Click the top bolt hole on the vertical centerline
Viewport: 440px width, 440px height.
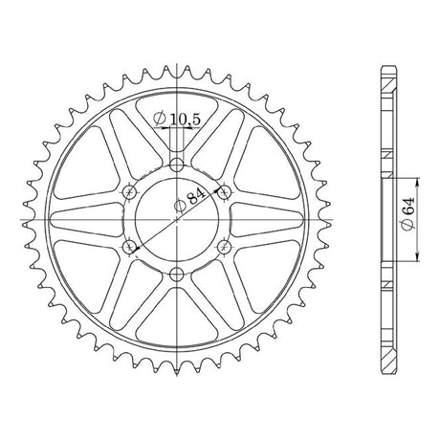(x=177, y=165)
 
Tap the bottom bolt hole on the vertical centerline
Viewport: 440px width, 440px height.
(x=177, y=274)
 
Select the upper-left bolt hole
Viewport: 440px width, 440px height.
(x=129, y=192)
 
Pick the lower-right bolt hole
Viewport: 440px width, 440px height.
(x=225, y=247)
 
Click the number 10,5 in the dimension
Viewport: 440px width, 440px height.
(x=185, y=120)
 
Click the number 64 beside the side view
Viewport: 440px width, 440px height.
(x=408, y=207)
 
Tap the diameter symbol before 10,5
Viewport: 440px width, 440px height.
(x=159, y=119)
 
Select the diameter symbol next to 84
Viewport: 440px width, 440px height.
(x=180, y=207)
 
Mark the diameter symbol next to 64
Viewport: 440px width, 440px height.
(x=408, y=224)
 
